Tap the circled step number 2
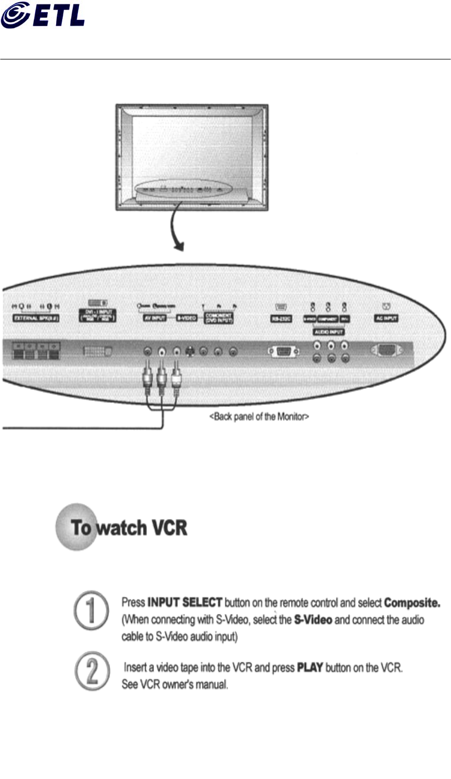pos(91,671)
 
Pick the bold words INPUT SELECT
pos(185,602)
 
